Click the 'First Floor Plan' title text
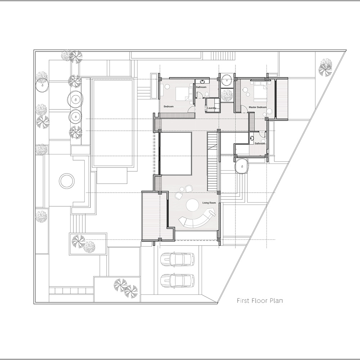[x=259, y=301]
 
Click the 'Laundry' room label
[x=212, y=108]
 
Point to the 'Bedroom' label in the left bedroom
[x=169, y=107]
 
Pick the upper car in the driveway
[x=177, y=259]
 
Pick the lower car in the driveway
[x=177, y=281]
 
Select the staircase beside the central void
[x=213, y=162]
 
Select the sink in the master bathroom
[x=252, y=137]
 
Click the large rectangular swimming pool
[x=113, y=122]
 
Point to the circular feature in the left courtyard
[x=67, y=181]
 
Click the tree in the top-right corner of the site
[x=326, y=67]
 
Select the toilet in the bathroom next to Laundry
[x=206, y=94]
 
